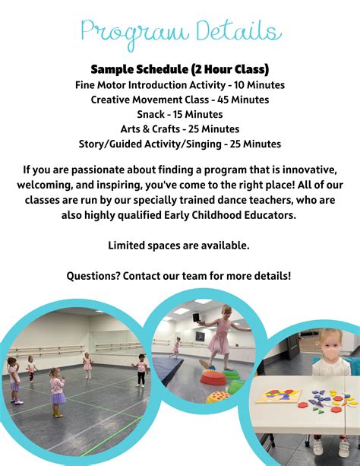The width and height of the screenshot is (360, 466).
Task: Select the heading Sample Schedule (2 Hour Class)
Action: click(179, 69)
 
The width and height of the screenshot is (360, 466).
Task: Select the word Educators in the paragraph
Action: click(264, 215)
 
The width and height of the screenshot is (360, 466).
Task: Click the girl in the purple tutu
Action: click(57, 391)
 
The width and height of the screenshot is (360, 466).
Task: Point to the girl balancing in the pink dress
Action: click(219, 334)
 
